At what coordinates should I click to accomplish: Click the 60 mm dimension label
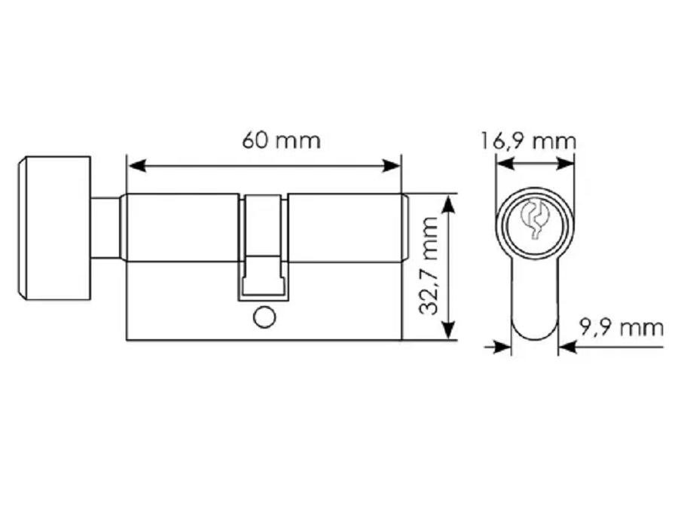[281, 140]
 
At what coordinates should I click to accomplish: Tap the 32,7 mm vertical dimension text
[429, 266]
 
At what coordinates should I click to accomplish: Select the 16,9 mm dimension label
[528, 142]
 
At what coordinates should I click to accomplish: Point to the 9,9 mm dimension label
[621, 328]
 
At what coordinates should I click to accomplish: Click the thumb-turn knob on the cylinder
[54, 228]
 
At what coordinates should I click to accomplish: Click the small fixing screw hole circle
[264, 318]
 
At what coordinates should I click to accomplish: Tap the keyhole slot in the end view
[535, 219]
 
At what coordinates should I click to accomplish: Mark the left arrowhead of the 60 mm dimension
[136, 165]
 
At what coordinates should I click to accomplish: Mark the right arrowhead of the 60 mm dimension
[391, 165]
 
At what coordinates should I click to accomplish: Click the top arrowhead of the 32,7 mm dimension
[450, 204]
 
